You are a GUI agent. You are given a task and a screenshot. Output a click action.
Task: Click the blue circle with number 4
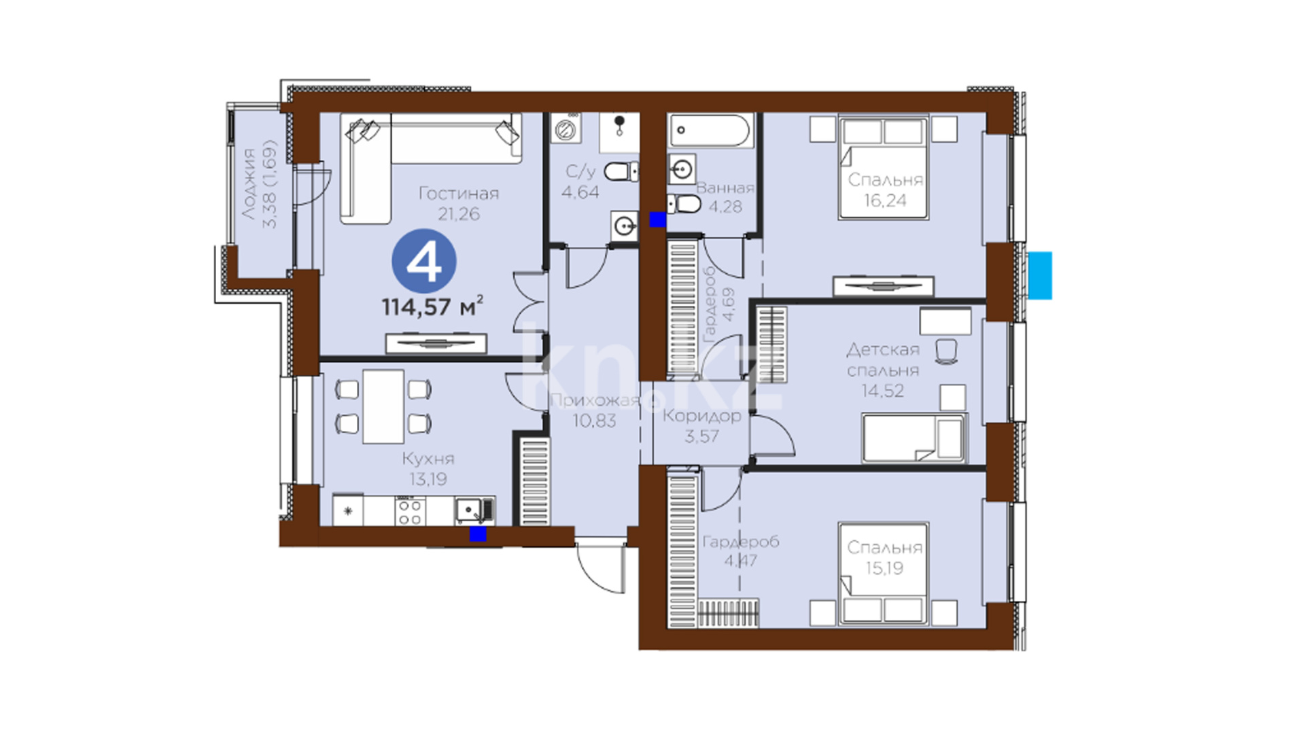click(x=424, y=262)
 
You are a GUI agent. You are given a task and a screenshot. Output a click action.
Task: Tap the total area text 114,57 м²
click(x=432, y=307)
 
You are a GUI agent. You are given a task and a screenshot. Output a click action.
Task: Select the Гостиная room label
click(x=459, y=194)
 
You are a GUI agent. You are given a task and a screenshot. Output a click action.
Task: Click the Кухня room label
click(x=428, y=458)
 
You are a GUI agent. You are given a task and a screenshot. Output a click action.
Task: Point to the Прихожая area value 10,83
click(x=594, y=421)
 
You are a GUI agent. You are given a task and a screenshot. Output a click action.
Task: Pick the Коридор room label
click(x=701, y=416)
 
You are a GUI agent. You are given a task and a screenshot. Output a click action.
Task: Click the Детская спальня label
click(x=883, y=360)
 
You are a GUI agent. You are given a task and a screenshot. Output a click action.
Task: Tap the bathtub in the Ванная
click(x=710, y=130)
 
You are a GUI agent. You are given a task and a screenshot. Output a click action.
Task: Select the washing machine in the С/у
click(x=565, y=128)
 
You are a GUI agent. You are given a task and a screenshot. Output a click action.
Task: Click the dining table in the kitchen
click(x=383, y=406)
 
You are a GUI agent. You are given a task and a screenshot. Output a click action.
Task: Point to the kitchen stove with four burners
click(x=410, y=512)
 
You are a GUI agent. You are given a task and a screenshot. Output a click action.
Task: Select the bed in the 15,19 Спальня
click(x=884, y=574)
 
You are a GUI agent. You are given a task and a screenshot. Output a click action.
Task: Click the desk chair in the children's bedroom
click(x=946, y=351)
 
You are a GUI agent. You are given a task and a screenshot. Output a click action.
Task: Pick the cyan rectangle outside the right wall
click(x=1040, y=275)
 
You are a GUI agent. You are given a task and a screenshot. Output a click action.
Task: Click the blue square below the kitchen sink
click(x=478, y=534)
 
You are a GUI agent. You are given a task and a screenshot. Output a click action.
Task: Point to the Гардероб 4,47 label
click(x=741, y=551)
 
